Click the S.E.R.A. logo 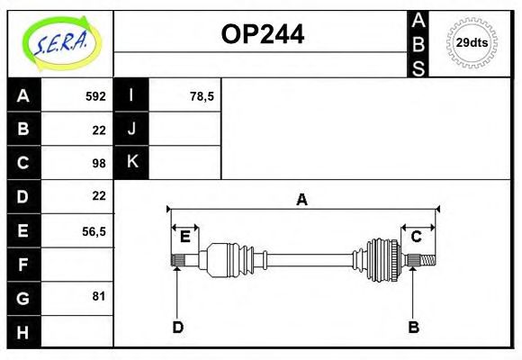click(x=59, y=42)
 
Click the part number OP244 click(x=262, y=34)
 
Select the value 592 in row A click(x=95, y=96)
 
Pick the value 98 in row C click(x=99, y=163)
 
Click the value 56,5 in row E click(x=94, y=230)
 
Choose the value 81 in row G click(x=99, y=296)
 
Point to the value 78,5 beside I click(x=202, y=96)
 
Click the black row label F click(x=23, y=264)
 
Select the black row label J click(x=131, y=129)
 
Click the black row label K click(x=131, y=162)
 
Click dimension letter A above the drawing click(x=302, y=200)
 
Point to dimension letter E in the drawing click(x=185, y=237)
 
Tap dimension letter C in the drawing click(x=417, y=237)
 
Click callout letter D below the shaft click(x=177, y=327)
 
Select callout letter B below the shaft click(x=413, y=327)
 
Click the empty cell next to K click(x=184, y=162)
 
